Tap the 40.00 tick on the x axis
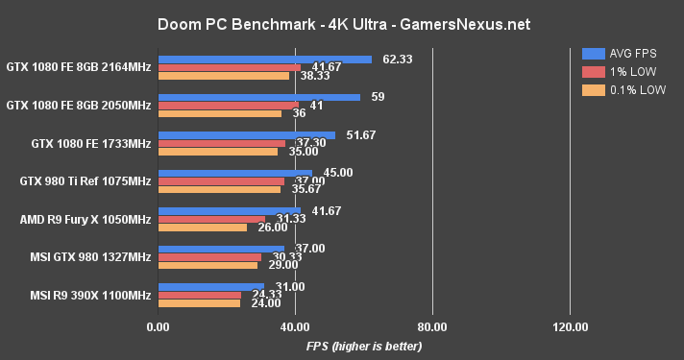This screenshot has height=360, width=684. pos(295,327)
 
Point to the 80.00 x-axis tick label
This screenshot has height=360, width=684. pos(432,327)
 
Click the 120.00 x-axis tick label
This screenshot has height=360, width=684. pos(570,327)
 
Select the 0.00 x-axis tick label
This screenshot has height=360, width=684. pos(158,327)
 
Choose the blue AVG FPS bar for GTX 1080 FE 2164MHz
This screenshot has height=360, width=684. pos(264,60)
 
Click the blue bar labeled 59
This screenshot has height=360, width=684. pos(258,97)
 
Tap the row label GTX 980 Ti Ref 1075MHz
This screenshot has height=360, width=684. pos(85,180)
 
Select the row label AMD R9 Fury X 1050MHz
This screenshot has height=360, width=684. pos(85,219)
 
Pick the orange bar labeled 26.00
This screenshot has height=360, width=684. pos(202,228)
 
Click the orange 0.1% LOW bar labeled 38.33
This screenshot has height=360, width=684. pos(223,76)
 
